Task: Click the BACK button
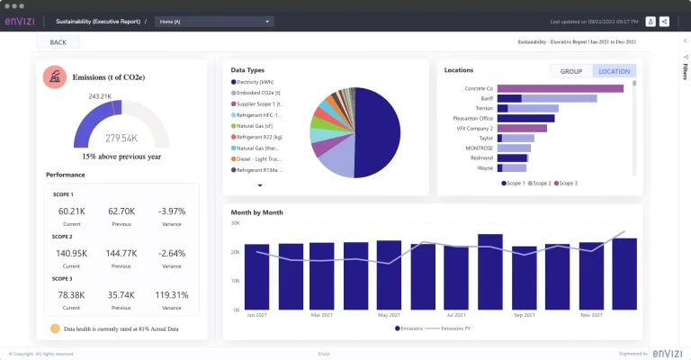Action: (x=58, y=42)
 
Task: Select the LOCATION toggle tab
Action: (x=614, y=71)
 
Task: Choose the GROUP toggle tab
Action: (x=570, y=71)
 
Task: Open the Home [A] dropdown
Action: (x=213, y=21)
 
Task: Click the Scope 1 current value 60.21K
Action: (x=71, y=211)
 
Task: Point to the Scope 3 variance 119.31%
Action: (x=171, y=295)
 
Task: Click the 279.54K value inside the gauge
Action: (x=121, y=138)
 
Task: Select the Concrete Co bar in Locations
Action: (x=560, y=88)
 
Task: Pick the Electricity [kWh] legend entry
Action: (x=256, y=82)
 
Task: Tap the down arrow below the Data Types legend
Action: (x=260, y=185)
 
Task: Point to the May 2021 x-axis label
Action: (x=389, y=315)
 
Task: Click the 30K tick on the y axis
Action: (x=235, y=222)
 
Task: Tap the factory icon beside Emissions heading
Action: (x=54, y=77)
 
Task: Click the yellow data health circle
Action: (x=55, y=329)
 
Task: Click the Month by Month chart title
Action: (x=257, y=212)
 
